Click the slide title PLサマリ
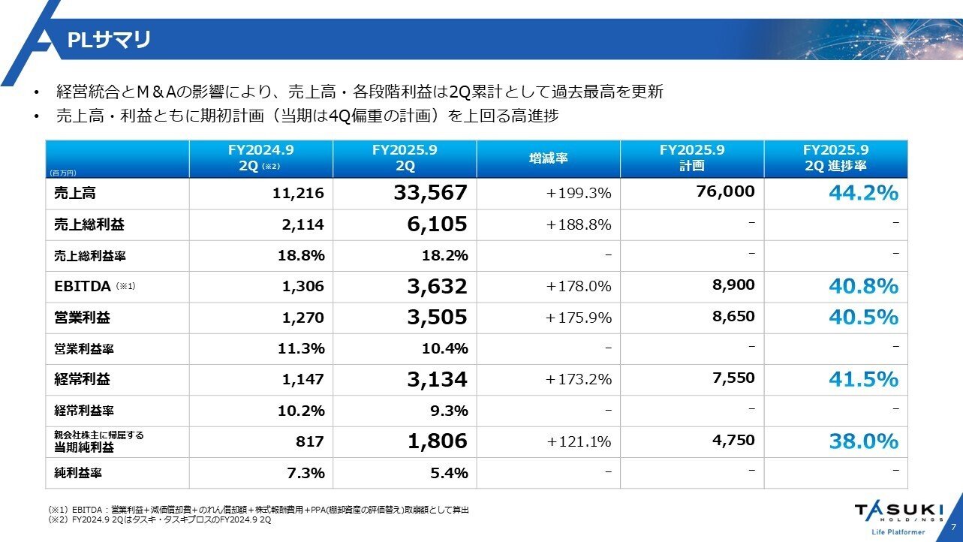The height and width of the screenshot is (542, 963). pos(109,40)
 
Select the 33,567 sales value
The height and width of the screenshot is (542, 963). pos(430,194)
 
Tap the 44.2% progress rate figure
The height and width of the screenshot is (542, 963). pos(863,193)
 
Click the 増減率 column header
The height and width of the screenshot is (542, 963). pos(548,159)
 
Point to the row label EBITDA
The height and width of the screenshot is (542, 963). pos(82,286)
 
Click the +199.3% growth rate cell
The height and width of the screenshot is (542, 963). pos(579,194)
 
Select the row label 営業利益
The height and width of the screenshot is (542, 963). pos(82,318)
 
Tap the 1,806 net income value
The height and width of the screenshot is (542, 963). pos(437,441)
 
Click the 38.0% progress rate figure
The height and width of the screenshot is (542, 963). pos(863,441)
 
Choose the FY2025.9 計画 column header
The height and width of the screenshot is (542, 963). pos(691,158)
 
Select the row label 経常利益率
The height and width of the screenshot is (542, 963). pos(84,411)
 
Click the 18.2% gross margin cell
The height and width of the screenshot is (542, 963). pos(445,255)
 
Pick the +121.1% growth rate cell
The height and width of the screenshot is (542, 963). pos(579,441)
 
